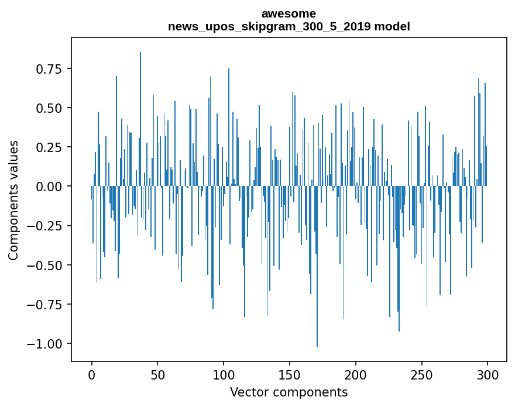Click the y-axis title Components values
pos(13,200)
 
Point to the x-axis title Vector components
pos(289,392)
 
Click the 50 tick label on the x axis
pos(158,375)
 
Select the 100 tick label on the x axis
pos(224,375)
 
